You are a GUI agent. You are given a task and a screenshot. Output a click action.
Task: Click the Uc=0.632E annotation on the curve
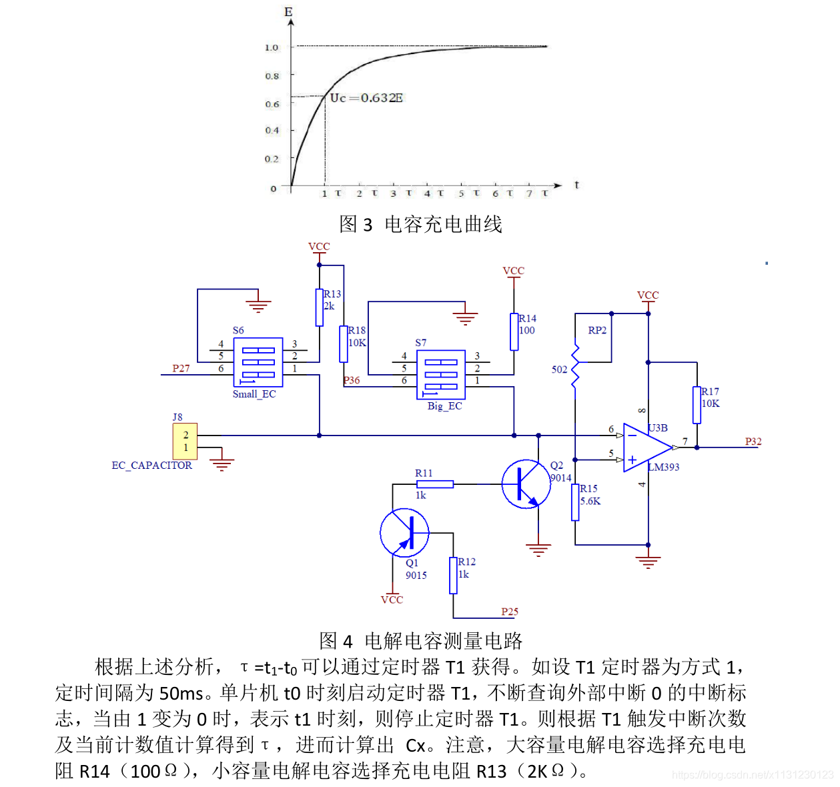click(x=366, y=98)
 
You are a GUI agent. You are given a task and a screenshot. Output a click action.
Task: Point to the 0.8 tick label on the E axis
click(x=272, y=76)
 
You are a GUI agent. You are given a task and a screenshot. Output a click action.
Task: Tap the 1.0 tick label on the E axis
click(x=271, y=47)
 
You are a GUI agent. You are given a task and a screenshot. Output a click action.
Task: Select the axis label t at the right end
click(x=576, y=185)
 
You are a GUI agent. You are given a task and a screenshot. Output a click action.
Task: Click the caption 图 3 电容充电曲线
click(x=420, y=224)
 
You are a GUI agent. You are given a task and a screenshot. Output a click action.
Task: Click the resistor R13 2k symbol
click(x=320, y=307)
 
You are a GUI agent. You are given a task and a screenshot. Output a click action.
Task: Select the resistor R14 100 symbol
click(x=514, y=331)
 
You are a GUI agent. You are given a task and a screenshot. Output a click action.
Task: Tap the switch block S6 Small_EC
click(x=258, y=362)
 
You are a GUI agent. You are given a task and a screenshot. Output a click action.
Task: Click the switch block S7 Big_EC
click(x=441, y=374)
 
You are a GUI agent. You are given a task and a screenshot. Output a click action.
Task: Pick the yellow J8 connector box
click(x=185, y=441)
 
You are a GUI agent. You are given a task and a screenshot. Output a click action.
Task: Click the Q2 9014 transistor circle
click(x=526, y=484)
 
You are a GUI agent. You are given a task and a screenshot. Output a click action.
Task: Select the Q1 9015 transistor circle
click(x=404, y=532)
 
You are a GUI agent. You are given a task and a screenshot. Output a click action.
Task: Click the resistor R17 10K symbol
click(x=697, y=405)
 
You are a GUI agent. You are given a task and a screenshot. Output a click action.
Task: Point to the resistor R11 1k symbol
click(x=434, y=484)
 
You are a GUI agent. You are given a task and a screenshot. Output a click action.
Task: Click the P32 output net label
click(x=753, y=442)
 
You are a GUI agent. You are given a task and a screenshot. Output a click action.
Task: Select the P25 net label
click(x=510, y=612)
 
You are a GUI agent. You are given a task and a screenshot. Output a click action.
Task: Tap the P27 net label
click(x=181, y=368)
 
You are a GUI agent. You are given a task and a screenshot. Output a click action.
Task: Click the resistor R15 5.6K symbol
click(x=575, y=502)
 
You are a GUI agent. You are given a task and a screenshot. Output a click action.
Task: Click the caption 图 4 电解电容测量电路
click(x=420, y=641)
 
